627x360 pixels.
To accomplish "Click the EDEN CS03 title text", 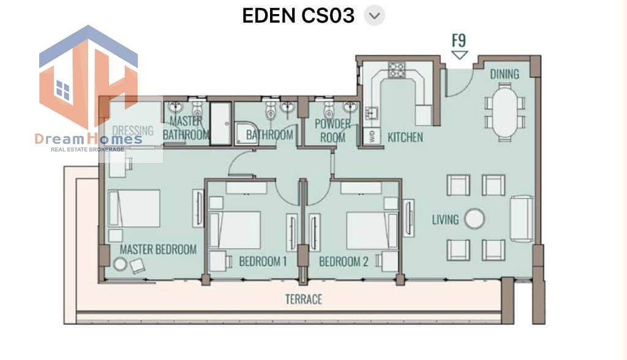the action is pyautogui.click(x=298, y=15).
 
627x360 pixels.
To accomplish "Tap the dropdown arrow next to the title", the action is pyautogui.click(x=374, y=15).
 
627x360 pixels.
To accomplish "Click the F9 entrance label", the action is pyautogui.click(x=459, y=40).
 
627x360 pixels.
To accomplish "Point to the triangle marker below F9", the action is pyautogui.click(x=459, y=55).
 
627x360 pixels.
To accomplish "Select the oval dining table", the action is pyautogui.click(x=505, y=113).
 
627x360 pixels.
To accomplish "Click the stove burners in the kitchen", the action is pyautogui.click(x=397, y=70).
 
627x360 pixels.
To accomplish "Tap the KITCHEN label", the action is pyautogui.click(x=405, y=137).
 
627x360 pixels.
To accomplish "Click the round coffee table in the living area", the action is pyautogui.click(x=475, y=219).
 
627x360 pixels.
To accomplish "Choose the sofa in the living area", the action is pyautogui.click(x=522, y=219).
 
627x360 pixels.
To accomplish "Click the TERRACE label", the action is pyautogui.click(x=304, y=299).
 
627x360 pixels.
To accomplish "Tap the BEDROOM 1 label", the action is pyautogui.click(x=263, y=261).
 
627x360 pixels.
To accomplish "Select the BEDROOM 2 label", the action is pyautogui.click(x=344, y=261).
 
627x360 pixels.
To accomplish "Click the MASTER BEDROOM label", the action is pyautogui.click(x=158, y=250).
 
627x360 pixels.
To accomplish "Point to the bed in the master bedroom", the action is pyautogui.click(x=134, y=208).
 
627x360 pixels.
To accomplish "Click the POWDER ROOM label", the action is pyautogui.click(x=332, y=130).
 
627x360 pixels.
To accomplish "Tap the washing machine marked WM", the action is pyautogui.click(x=372, y=137).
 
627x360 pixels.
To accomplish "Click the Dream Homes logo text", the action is pyautogui.click(x=88, y=139).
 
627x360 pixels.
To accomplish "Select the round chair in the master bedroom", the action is pyautogui.click(x=120, y=264).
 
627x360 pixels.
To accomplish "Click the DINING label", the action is pyautogui.click(x=505, y=74).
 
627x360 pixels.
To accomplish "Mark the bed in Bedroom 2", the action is pyautogui.click(x=372, y=231).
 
